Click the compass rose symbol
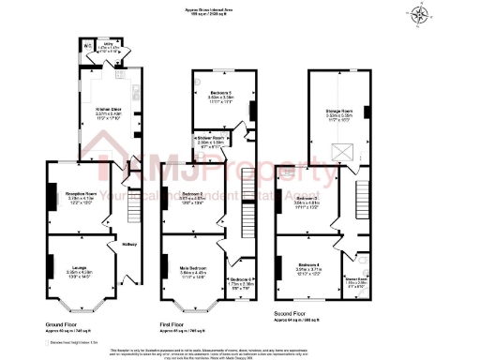[x=416, y=14]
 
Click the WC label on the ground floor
[x=86, y=46]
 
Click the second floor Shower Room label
[x=358, y=278]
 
